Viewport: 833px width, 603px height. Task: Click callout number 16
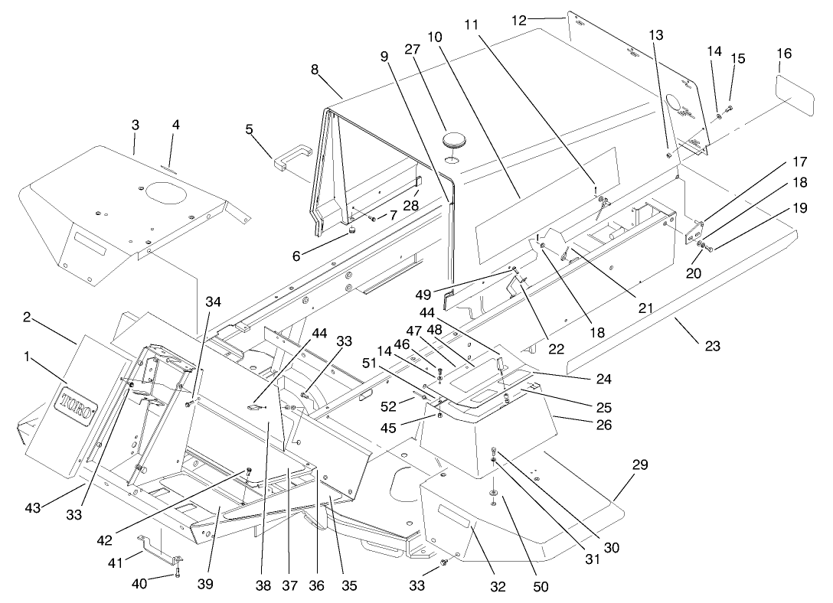pos(784,54)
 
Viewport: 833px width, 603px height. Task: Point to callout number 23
pos(713,346)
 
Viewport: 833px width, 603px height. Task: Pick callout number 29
pos(640,464)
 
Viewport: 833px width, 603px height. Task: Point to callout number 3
pos(135,123)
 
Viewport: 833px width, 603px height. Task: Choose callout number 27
pos(413,49)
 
